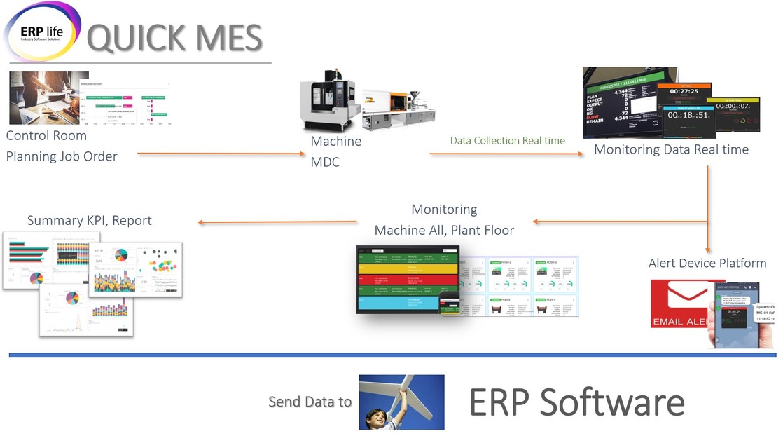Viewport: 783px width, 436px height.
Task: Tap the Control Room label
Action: (46, 135)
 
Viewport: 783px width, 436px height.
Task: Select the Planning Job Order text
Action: (62, 156)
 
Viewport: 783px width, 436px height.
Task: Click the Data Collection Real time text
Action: (507, 141)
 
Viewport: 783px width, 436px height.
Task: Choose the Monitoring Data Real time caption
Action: (671, 149)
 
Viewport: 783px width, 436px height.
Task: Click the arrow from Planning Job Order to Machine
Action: (221, 154)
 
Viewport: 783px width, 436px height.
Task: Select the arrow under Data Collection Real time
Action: (507, 154)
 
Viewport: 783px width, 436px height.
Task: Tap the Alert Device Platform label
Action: (707, 264)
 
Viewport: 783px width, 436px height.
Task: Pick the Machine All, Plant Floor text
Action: (444, 231)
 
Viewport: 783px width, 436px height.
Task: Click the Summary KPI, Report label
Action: (90, 220)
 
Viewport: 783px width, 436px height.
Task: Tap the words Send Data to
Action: (310, 402)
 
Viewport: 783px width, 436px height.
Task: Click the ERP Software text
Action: (576, 402)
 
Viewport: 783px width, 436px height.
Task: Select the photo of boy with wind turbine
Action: (401, 402)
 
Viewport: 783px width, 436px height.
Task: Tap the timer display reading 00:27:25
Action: (684, 91)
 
